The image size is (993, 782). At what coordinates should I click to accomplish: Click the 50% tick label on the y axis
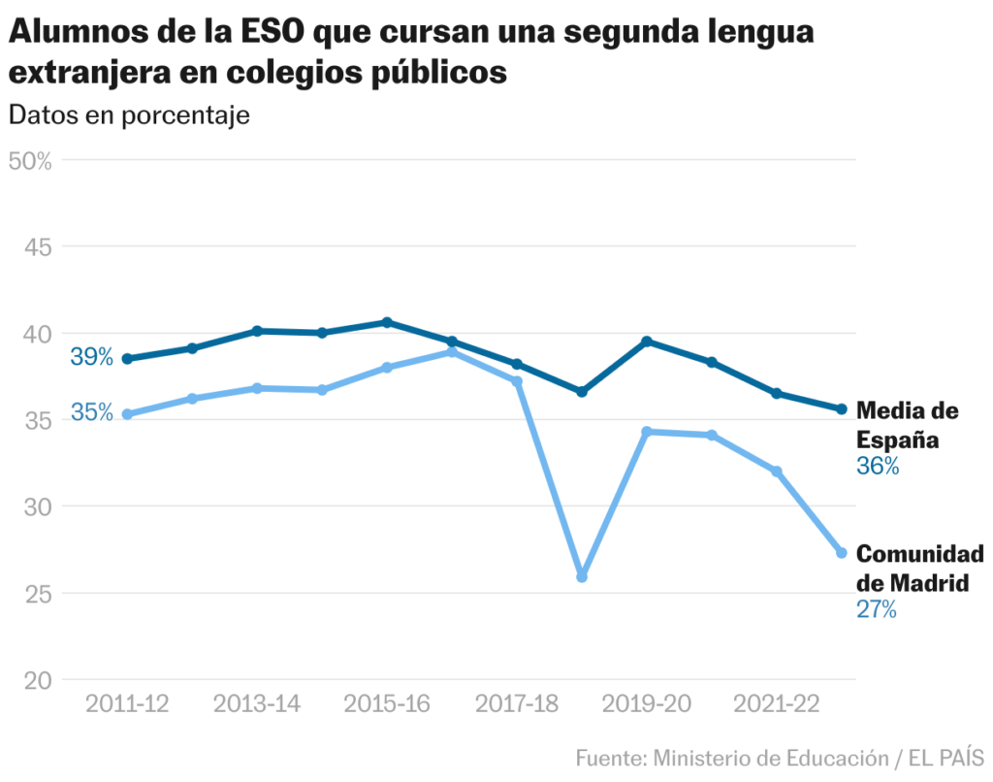(x=29, y=160)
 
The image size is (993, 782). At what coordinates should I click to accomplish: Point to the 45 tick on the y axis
(x=37, y=246)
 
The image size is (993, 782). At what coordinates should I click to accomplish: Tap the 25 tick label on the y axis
(x=37, y=593)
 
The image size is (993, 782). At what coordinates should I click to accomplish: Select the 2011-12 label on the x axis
(x=127, y=703)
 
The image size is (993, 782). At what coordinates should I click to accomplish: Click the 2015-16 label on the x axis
(x=386, y=703)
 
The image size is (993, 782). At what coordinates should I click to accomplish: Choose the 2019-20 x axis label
(x=646, y=703)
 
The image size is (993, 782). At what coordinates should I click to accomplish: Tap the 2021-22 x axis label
(x=776, y=703)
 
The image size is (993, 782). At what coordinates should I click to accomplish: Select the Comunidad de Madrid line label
(x=919, y=569)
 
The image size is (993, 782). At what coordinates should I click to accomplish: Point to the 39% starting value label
(x=92, y=357)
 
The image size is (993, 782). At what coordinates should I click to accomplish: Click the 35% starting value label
(x=92, y=413)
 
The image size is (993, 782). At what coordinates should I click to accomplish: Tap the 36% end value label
(x=878, y=467)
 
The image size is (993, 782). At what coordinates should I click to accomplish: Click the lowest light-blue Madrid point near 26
(x=582, y=577)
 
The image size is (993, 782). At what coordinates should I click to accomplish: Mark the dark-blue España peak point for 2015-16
(x=387, y=322)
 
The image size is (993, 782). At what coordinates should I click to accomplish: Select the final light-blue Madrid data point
(x=842, y=553)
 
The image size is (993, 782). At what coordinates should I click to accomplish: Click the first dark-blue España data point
(x=127, y=359)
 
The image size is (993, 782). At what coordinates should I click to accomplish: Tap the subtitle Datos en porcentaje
(x=129, y=114)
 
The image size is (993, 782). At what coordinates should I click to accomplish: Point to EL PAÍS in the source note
(x=946, y=757)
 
